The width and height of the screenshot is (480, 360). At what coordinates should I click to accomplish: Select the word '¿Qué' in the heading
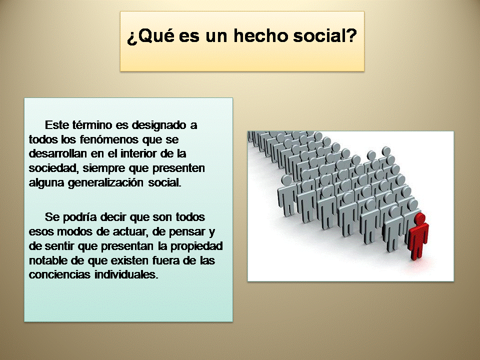pos(150,36)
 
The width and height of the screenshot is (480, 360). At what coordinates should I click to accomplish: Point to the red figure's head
pos(420,218)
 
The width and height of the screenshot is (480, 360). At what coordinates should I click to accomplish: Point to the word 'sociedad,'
pos(53,168)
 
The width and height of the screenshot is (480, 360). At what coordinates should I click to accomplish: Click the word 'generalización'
pos(105,183)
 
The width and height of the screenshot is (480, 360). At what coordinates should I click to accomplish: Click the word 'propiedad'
pos(196,246)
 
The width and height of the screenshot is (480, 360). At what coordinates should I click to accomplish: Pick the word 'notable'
pos(48,260)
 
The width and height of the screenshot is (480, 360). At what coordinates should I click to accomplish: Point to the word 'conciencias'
pos(59,274)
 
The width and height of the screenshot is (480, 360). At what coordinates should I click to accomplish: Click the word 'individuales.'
pos(126,274)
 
